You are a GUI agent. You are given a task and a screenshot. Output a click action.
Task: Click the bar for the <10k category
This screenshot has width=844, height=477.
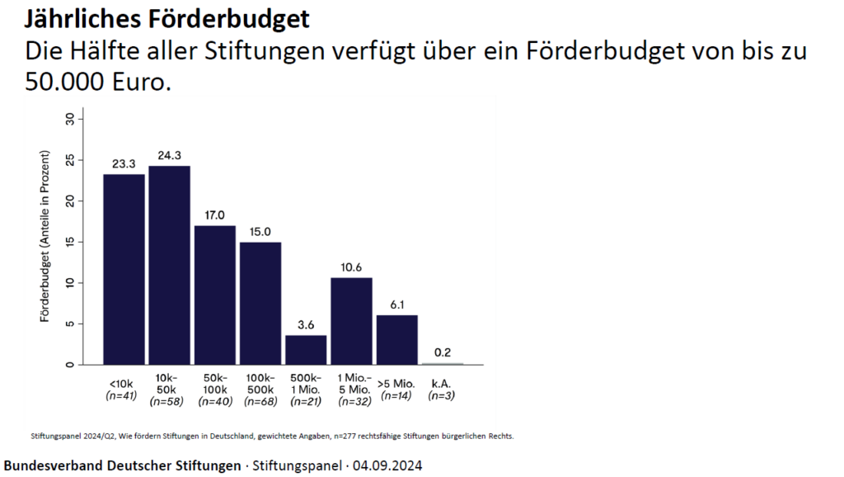click(124, 269)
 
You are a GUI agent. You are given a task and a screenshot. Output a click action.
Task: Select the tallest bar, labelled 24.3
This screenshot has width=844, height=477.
click(169, 265)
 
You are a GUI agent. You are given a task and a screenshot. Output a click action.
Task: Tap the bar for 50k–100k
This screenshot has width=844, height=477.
click(215, 295)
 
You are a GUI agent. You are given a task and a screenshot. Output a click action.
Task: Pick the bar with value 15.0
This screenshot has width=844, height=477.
click(260, 303)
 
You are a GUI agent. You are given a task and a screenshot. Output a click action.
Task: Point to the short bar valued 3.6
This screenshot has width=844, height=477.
click(306, 350)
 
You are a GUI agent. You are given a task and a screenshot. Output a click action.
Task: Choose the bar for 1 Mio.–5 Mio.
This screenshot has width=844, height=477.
click(351, 321)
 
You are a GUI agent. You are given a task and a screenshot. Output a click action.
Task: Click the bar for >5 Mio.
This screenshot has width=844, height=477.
click(397, 339)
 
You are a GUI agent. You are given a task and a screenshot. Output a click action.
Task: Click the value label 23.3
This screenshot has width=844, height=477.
click(124, 164)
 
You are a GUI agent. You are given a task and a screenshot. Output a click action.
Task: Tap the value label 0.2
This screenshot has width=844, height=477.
click(443, 353)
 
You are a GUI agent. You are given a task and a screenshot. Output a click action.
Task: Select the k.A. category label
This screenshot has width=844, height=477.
click(442, 383)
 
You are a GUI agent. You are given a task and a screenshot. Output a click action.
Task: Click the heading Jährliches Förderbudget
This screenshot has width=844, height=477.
click(169, 17)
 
